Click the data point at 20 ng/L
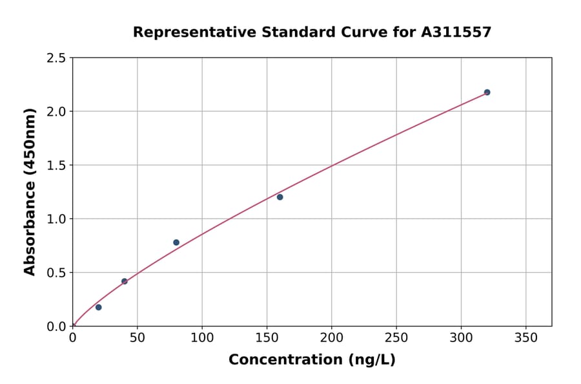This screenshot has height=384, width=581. coord(98,307)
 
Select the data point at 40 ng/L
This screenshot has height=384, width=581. coord(125,281)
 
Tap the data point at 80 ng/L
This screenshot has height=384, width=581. coord(176,242)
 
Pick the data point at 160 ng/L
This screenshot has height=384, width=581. coord(280,197)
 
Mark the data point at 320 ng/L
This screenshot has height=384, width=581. coord(487,92)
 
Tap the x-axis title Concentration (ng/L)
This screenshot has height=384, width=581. coord(312,360)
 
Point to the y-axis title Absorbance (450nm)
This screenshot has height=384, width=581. coord(30,192)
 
